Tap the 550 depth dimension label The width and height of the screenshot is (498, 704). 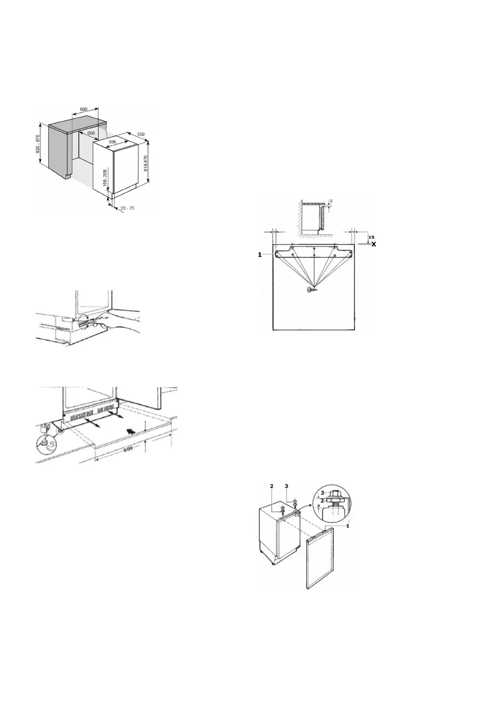pos(140,134)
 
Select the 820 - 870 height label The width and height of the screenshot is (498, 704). pos(38,144)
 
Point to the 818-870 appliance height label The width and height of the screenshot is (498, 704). pos(146,163)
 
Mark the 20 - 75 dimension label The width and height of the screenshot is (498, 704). pos(127,208)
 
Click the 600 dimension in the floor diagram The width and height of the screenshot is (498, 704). pos(128,448)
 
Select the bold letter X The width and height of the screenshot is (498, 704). pos(374,244)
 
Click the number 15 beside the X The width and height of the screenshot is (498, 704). pos(371,237)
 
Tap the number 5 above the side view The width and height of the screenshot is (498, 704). pos(331,201)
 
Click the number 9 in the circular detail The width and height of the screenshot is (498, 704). pos(318,506)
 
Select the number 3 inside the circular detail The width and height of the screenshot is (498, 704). pos(322,492)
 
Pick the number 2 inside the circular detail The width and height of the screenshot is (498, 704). pos(322,500)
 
